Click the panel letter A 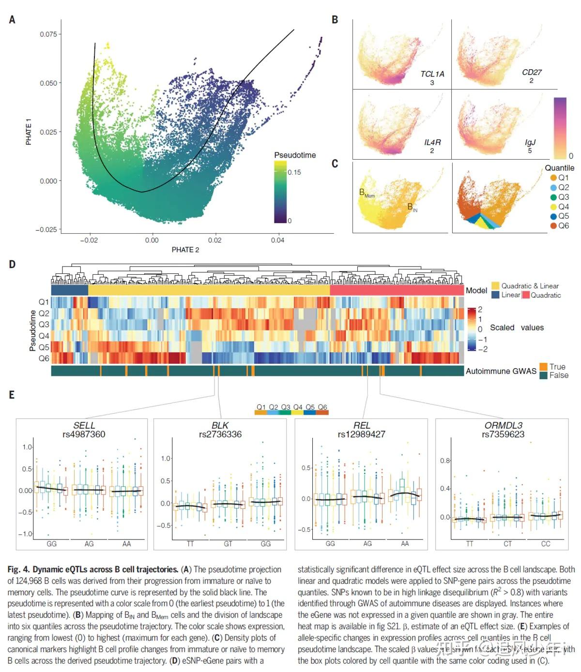click(x=12, y=20)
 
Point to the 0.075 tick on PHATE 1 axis click(x=48, y=34)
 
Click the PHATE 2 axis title click(x=185, y=250)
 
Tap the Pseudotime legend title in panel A click(x=294, y=155)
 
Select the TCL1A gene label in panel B click(x=432, y=74)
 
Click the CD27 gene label click(x=532, y=72)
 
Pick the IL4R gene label click(x=432, y=142)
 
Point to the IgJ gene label click(x=530, y=142)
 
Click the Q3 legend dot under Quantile click(x=553, y=197)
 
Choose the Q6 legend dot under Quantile click(x=553, y=226)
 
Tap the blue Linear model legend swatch click(x=495, y=295)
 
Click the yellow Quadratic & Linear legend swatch click(x=495, y=286)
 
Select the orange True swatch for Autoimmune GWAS click(x=544, y=367)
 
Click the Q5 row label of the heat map click(x=44, y=347)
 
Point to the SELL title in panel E click(x=84, y=425)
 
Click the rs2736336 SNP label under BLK click(x=220, y=434)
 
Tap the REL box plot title click(x=361, y=425)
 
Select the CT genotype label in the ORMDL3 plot click(x=507, y=544)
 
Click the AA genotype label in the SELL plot click(x=126, y=544)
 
